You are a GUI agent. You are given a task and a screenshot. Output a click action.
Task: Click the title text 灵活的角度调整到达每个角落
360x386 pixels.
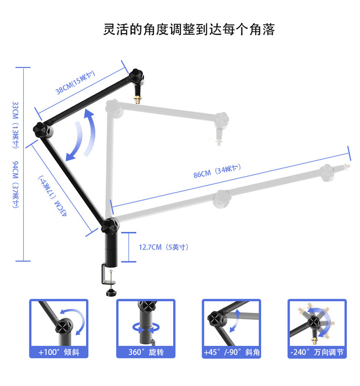click(x=189, y=29)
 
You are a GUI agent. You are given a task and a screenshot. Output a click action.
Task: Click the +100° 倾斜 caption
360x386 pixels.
click(x=59, y=352)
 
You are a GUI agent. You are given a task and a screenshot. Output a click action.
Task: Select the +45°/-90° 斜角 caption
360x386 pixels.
click(x=231, y=352)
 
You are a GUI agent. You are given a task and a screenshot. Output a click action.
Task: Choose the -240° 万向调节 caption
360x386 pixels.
click(x=318, y=352)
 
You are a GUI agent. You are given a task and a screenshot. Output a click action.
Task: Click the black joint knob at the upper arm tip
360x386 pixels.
click(x=137, y=76)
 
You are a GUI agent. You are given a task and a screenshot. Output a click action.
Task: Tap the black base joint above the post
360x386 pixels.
click(x=110, y=225)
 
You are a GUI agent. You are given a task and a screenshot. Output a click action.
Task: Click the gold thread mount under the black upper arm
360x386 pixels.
click(x=137, y=99)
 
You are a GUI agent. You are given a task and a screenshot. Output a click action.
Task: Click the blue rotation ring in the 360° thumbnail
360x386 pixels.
click(x=145, y=329)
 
